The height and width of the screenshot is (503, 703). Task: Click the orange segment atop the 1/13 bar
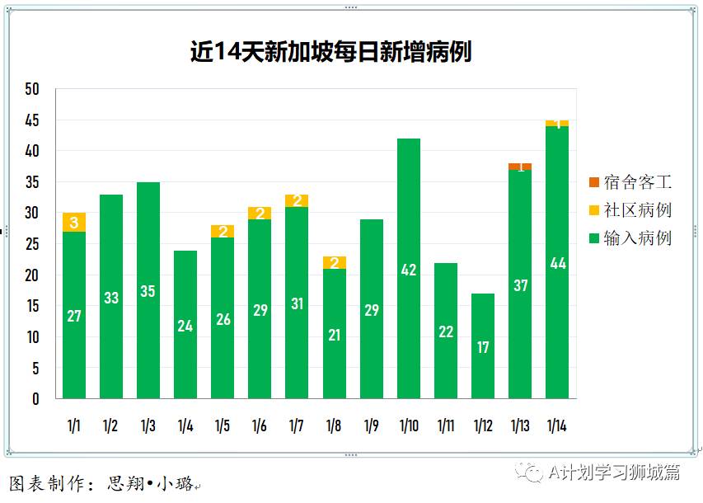point(520,167)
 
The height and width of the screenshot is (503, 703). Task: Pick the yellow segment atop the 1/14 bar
point(557,124)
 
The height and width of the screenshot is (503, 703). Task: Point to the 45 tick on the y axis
point(32,120)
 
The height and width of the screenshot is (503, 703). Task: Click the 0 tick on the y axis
point(35,399)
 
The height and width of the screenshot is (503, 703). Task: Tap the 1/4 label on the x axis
point(185,426)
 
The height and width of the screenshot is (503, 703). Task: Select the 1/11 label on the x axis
point(446,426)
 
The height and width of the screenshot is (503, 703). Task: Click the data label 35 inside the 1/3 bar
point(148,291)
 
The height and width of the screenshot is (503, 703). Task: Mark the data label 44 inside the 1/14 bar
point(557,264)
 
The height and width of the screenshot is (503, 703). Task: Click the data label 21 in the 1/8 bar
point(334,335)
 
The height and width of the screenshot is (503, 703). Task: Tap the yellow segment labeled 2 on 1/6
point(260,214)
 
